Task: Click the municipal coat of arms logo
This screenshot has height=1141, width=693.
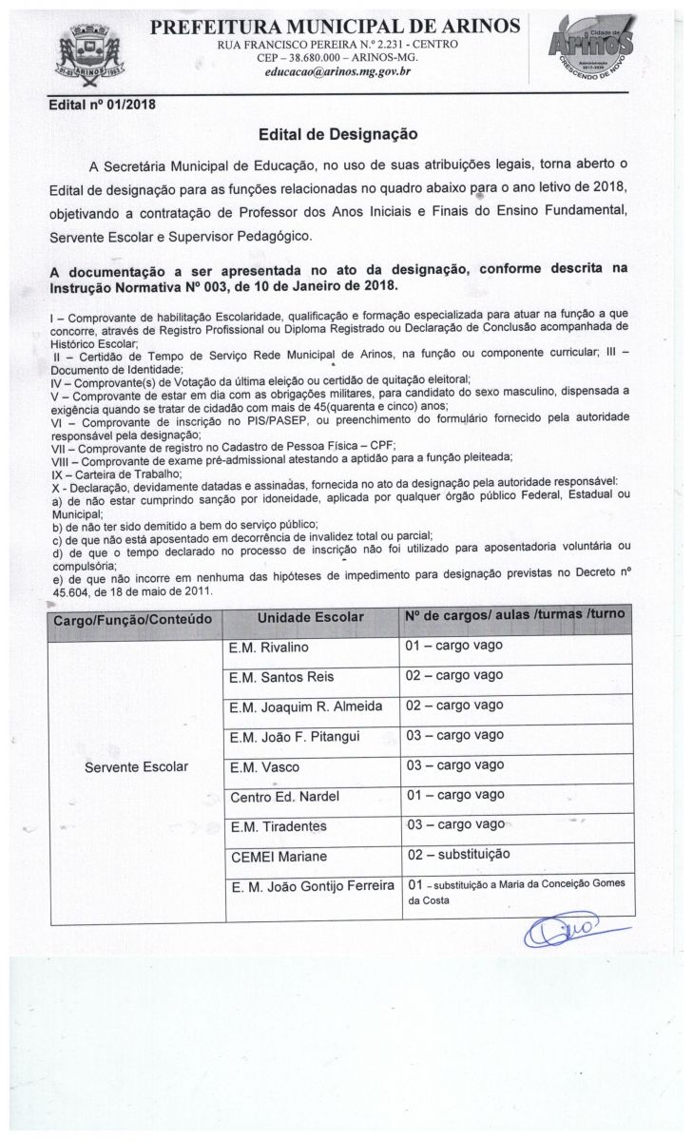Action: tap(92, 56)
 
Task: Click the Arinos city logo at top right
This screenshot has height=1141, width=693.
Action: tap(587, 51)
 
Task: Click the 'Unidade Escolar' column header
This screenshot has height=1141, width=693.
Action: tap(311, 617)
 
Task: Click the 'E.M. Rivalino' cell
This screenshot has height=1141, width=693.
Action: tap(270, 647)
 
